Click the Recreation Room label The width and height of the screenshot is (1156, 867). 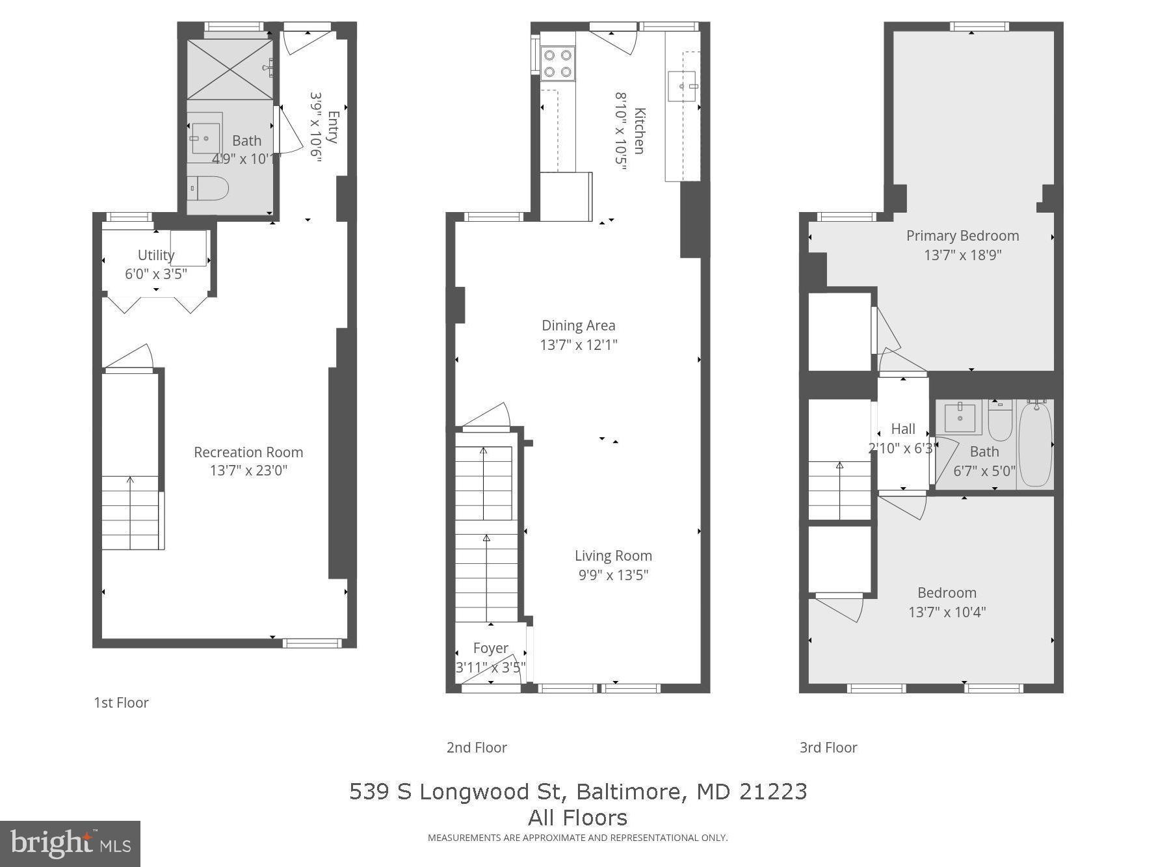[248, 452]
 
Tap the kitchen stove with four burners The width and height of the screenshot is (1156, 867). [557, 64]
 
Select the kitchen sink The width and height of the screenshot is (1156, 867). [681, 86]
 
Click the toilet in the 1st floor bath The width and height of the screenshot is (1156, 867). [208, 189]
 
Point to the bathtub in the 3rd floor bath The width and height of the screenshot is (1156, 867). [1034, 444]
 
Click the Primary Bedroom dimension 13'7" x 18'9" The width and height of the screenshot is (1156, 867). [962, 255]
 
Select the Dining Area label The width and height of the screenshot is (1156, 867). [578, 325]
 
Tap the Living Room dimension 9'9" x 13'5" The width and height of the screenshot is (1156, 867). [613, 575]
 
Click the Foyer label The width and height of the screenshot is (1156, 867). [490, 648]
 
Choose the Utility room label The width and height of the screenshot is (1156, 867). [155, 255]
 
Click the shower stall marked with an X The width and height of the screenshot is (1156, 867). [230, 70]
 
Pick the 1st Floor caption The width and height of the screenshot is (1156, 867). [121, 702]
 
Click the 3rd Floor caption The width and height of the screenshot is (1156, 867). [828, 747]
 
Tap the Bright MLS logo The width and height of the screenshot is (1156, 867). [70, 844]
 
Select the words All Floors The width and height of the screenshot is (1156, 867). [577, 818]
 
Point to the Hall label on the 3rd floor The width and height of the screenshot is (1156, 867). [902, 429]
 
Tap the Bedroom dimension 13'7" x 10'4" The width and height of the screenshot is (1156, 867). [947, 612]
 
